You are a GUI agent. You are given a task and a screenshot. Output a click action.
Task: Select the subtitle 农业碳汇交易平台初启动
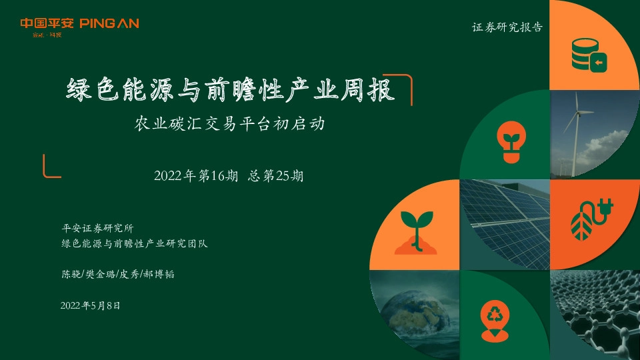[x=230, y=124]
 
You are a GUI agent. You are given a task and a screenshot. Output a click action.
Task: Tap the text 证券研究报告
[x=507, y=28]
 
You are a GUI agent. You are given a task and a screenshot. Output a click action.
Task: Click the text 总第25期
[x=275, y=177]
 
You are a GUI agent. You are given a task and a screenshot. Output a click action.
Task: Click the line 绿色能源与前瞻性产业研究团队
[x=134, y=243]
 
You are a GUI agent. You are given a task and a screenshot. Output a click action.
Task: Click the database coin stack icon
[x=589, y=54]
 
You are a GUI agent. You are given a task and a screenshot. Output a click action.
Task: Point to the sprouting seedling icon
[x=417, y=230]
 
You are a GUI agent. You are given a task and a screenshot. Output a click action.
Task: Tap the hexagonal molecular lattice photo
[x=595, y=315]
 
